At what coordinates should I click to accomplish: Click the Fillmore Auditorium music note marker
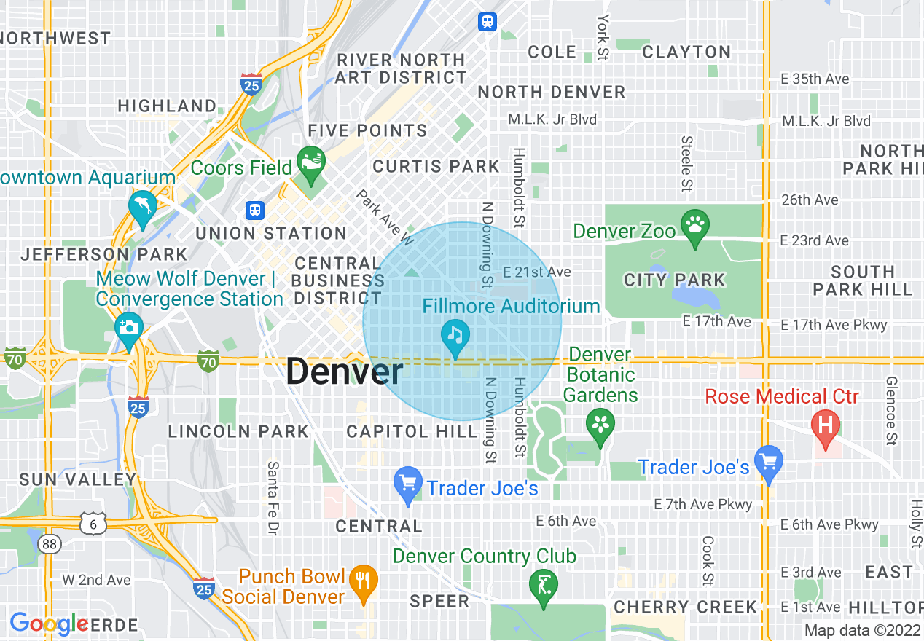pyautogui.click(x=455, y=337)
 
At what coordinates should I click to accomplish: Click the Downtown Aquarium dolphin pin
pyautogui.click(x=143, y=207)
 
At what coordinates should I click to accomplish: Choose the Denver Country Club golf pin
pyautogui.click(x=544, y=584)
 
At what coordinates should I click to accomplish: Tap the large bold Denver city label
pyautogui.click(x=344, y=372)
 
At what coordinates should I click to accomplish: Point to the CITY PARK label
pyautogui.click(x=675, y=280)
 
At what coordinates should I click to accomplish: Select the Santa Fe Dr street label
pyautogui.click(x=274, y=497)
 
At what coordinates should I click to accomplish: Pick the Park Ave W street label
pyautogui.click(x=385, y=217)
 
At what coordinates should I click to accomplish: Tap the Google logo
pyautogui.click(x=49, y=624)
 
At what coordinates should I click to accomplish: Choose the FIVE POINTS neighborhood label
pyautogui.click(x=368, y=131)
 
